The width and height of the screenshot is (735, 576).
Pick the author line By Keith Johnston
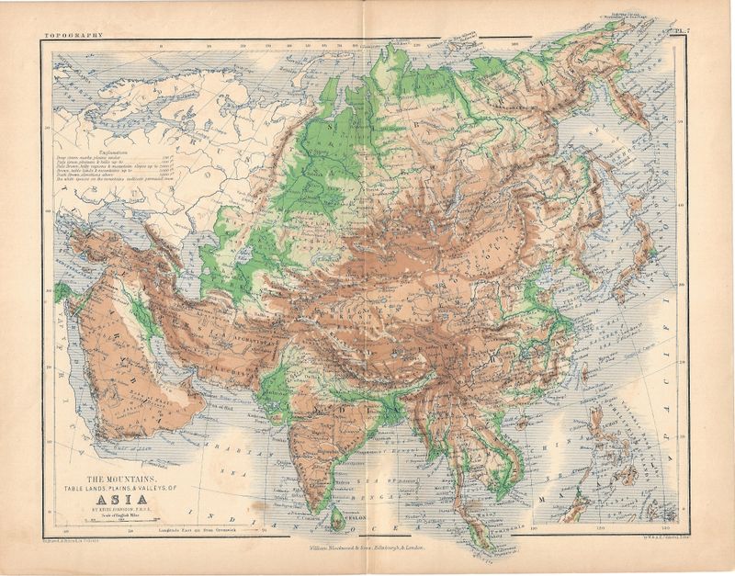pyautogui.click(x=121, y=502)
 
